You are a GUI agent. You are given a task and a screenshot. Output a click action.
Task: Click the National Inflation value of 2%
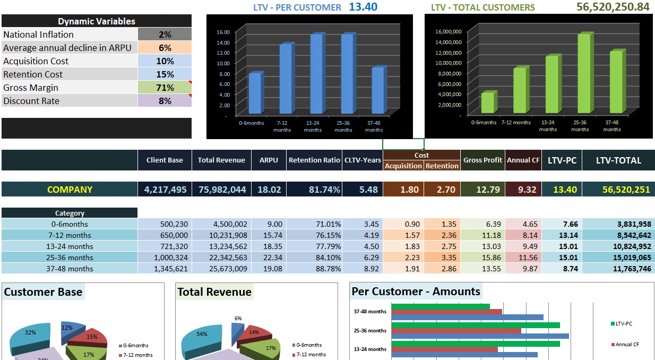[x=165, y=35]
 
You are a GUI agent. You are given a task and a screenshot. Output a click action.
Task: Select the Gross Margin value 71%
[x=165, y=88]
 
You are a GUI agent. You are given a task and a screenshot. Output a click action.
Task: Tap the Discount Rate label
[x=31, y=101]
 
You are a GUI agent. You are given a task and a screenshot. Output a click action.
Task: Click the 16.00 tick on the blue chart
[x=223, y=32]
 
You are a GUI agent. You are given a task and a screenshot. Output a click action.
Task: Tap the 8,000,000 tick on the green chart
[x=449, y=73]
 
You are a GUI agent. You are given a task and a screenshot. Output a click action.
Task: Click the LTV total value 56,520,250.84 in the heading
[x=613, y=7]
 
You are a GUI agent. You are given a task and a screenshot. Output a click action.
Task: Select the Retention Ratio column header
[x=314, y=160]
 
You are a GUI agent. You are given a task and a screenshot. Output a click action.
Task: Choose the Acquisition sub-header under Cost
[x=403, y=166]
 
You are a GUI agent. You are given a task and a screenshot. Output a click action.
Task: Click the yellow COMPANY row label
[x=70, y=190]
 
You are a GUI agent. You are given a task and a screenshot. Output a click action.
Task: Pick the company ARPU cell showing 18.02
[x=269, y=190]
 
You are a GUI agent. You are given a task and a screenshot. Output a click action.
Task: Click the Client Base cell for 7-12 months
[x=165, y=235]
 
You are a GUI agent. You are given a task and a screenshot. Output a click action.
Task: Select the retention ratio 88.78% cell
[x=314, y=269]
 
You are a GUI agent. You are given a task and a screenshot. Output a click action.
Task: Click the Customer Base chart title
[x=43, y=292]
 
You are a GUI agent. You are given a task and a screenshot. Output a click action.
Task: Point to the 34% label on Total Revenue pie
[x=202, y=334]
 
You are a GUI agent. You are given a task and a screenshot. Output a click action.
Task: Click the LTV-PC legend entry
[x=624, y=324]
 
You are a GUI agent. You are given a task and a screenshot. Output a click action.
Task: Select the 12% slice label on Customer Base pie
[x=67, y=328]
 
